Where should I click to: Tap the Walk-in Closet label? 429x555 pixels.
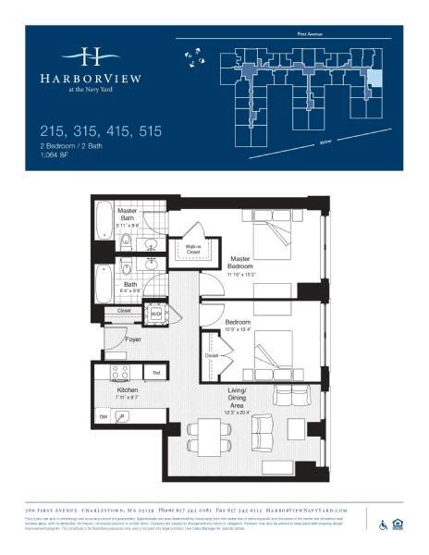192,248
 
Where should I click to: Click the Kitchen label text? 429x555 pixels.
127,392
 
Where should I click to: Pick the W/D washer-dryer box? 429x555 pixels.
156,314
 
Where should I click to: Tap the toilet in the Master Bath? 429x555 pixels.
124,243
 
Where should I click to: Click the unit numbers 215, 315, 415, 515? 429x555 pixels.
102,132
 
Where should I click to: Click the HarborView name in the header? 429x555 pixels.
91,78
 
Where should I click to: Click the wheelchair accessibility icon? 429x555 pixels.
383,525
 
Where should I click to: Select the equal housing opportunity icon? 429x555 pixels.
399,525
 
